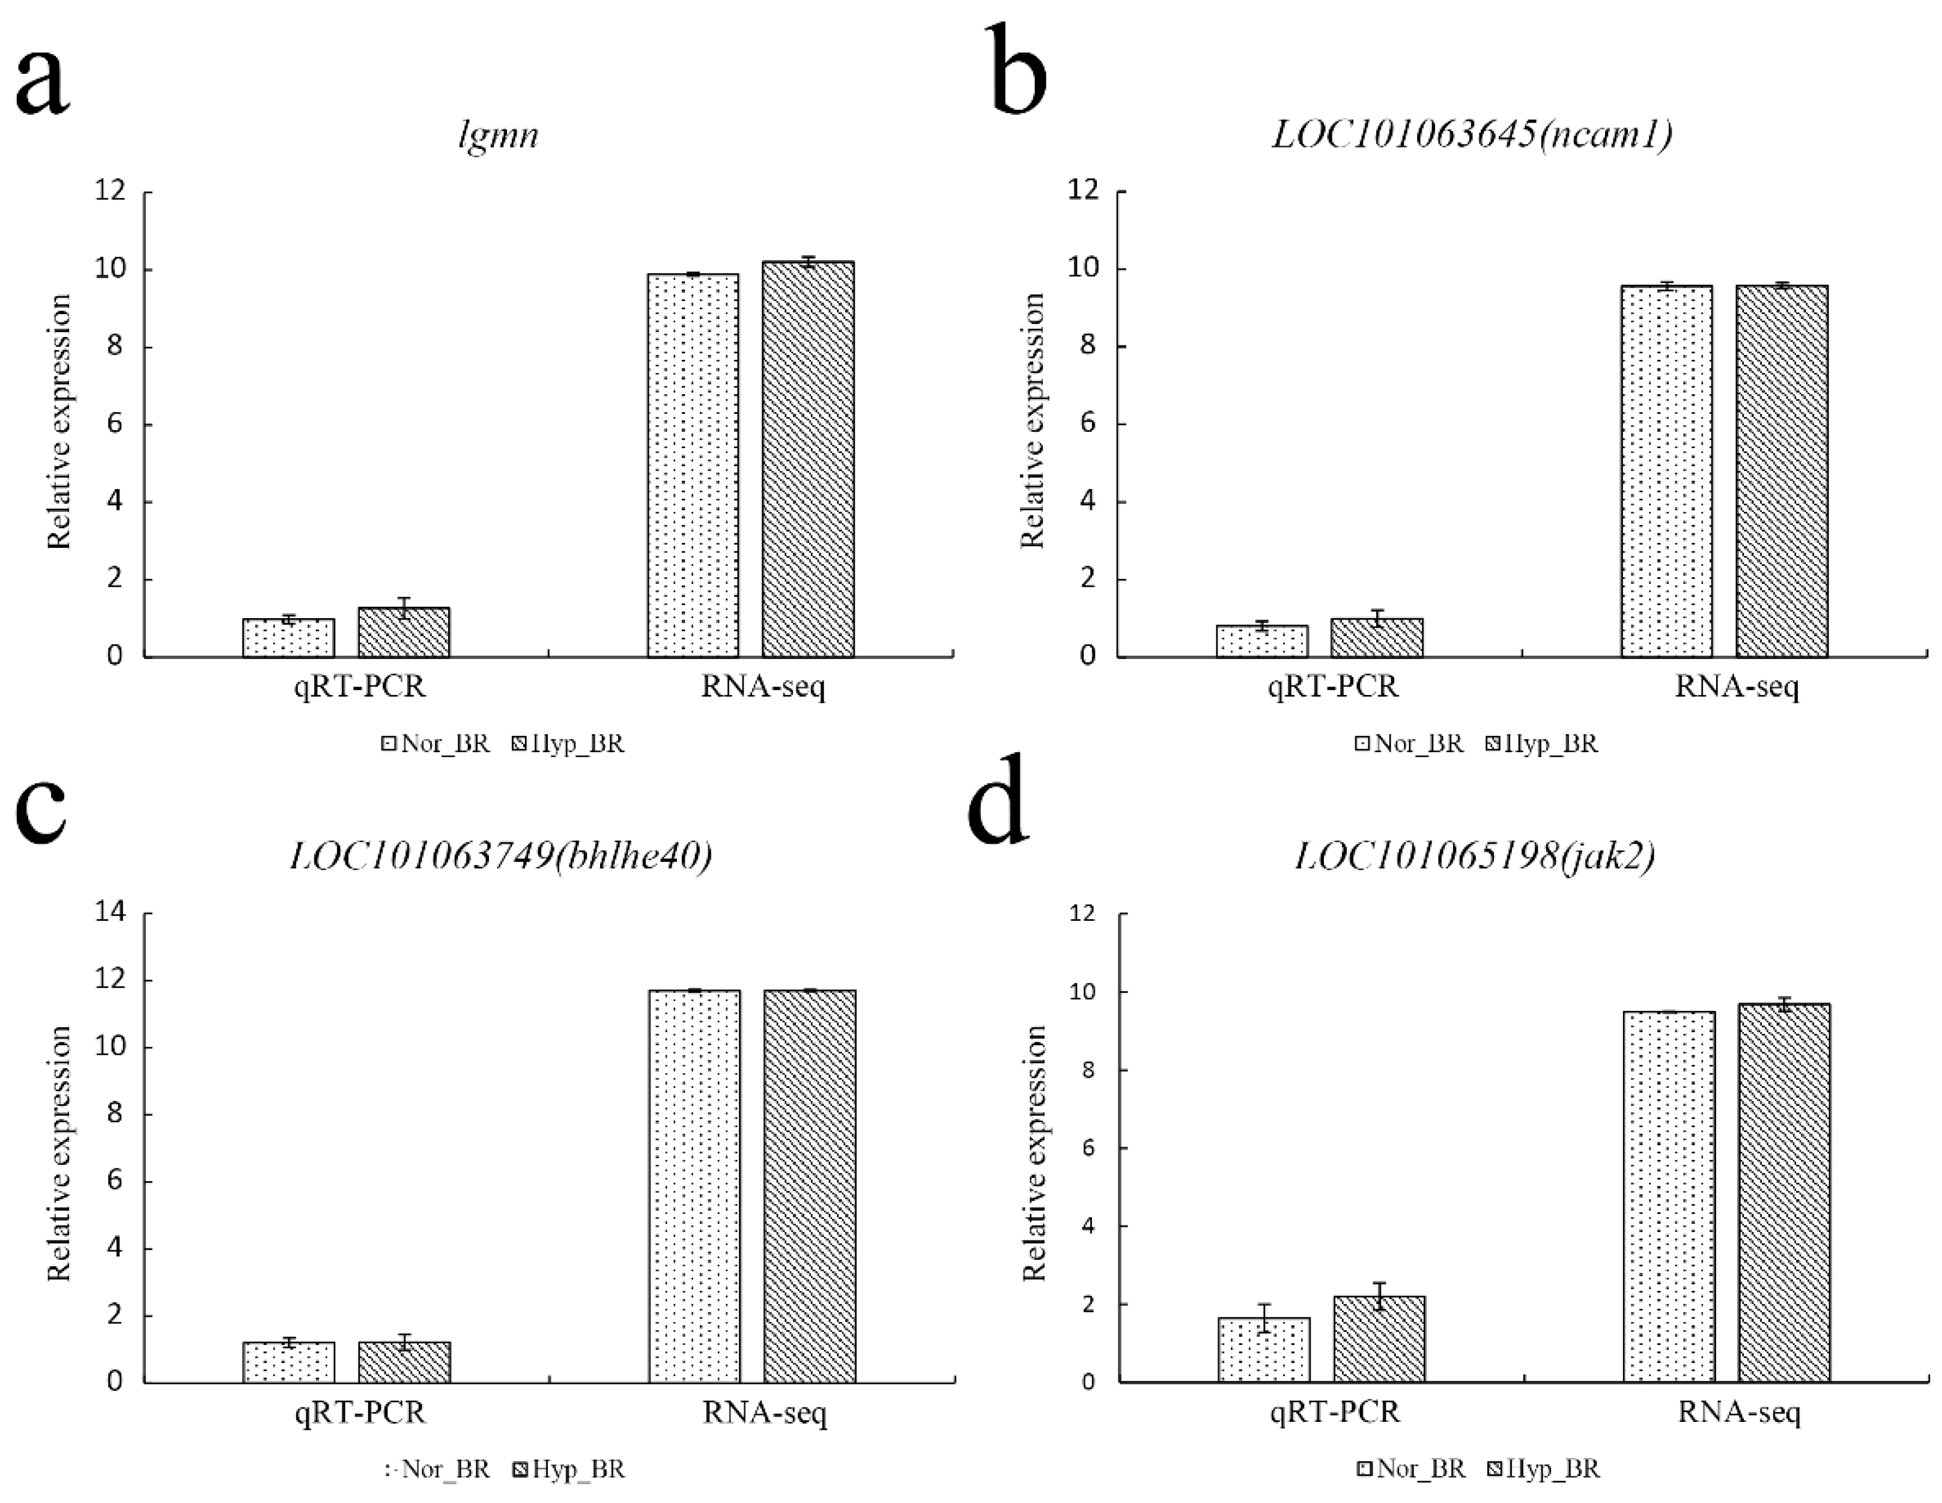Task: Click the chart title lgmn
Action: click(499, 135)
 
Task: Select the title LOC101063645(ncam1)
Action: click(1472, 133)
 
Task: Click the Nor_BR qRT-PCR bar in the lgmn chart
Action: click(288, 637)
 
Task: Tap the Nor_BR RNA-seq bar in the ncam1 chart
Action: click(1666, 472)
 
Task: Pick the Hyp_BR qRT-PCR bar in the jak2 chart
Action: click(1379, 1338)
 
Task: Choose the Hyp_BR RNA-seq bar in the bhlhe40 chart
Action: click(809, 1185)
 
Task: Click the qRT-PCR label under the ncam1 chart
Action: click(1333, 687)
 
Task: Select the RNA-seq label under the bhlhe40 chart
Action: click(765, 1412)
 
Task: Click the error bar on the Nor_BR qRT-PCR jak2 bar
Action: click(1264, 1318)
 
